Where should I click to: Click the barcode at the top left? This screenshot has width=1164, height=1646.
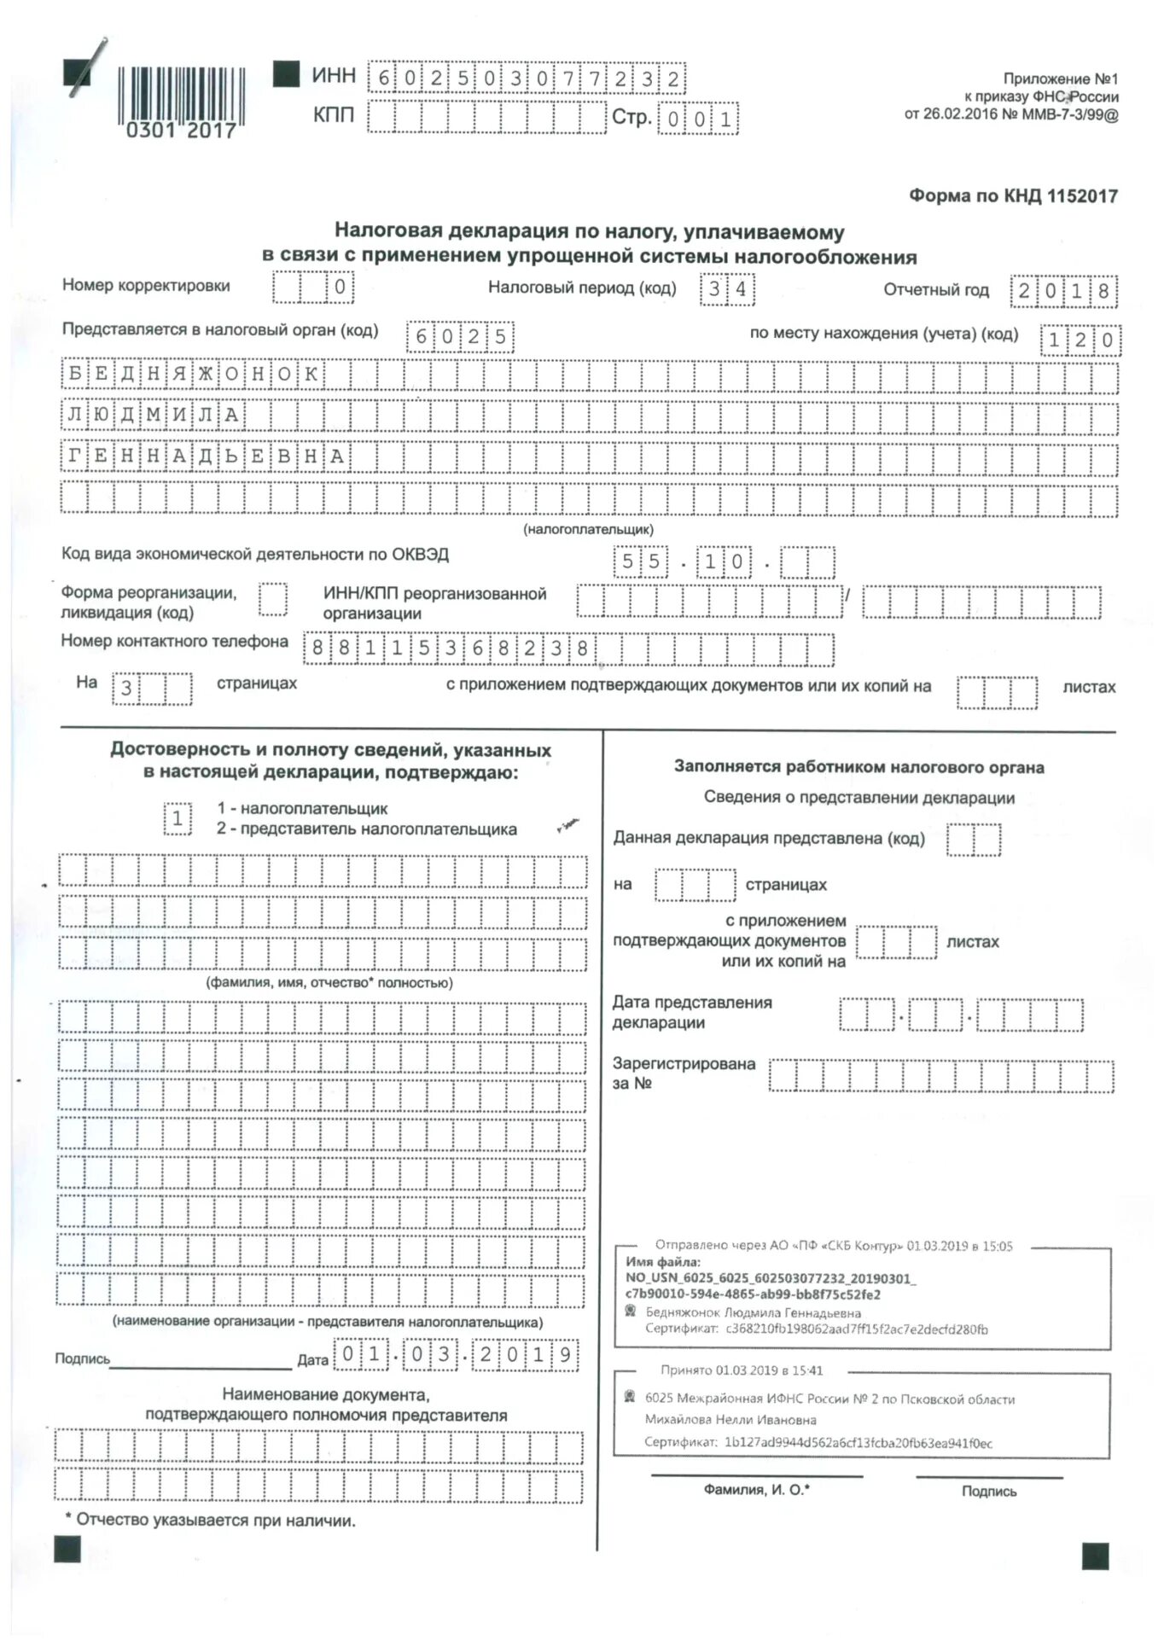180,95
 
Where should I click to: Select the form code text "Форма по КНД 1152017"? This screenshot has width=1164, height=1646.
1013,196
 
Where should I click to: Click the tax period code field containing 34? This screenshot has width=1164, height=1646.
727,289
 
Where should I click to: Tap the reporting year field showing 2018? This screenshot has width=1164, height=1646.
1063,292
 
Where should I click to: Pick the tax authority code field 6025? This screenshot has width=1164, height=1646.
460,336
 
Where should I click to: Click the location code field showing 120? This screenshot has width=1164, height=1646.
1080,340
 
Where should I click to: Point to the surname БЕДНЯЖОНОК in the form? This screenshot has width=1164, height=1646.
193,375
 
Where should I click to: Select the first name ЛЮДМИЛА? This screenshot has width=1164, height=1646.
154,416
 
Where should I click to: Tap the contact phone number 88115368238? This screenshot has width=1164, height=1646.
450,649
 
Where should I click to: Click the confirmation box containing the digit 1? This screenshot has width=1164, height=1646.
178,819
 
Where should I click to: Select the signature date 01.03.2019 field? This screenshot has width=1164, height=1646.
457,1355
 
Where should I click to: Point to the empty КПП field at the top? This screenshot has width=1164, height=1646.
486,117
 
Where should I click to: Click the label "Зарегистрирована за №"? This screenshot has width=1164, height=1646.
683,1073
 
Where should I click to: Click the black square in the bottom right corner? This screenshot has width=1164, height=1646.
1095,1556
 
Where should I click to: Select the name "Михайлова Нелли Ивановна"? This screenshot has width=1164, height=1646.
730,1420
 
